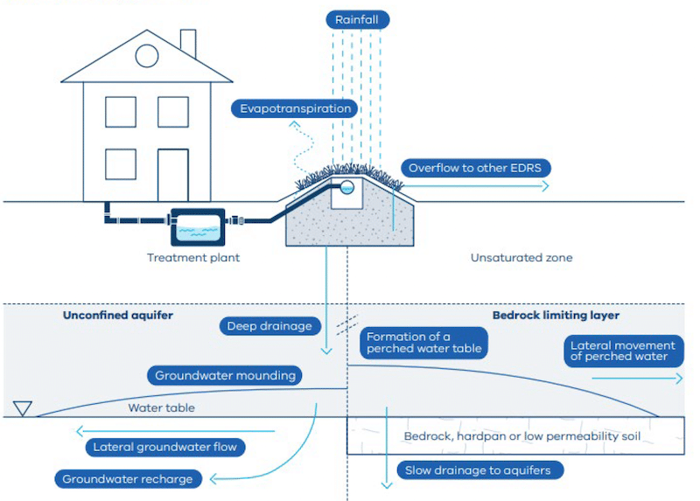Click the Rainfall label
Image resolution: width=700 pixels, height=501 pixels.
pyautogui.click(x=356, y=19)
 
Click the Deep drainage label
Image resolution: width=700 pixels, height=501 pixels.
pyautogui.click(x=269, y=326)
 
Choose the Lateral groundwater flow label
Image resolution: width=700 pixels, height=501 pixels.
pyautogui.click(x=165, y=447)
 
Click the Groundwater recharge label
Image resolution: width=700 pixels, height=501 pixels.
pyautogui.click(x=128, y=479)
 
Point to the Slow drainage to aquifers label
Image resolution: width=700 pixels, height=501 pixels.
pyautogui.click(x=478, y=470)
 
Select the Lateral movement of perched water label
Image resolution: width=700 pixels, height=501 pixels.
pyautogui.click(x=622, y=351)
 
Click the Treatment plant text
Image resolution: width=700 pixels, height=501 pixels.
pyautogui.click(x=193, y=258)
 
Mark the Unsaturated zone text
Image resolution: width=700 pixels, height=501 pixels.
pyautogui.click(x=521, y=258)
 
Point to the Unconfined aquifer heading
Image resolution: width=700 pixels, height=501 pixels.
pyautogui.click(x=118, y=316)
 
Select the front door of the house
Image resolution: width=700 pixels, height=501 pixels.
pyautogui.click(x=172, y=175)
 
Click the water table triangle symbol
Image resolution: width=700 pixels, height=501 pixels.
pyautogui.click(x=24, y=408)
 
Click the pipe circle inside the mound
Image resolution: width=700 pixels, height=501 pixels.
pyautogui.click(x=347, y=188)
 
